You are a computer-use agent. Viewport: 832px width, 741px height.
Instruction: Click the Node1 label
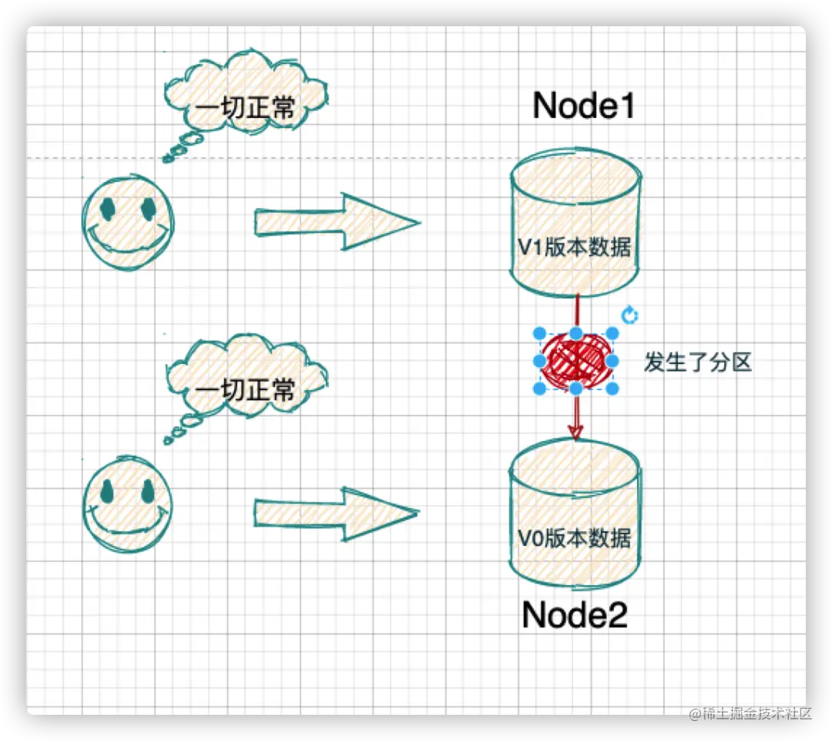(584, 106)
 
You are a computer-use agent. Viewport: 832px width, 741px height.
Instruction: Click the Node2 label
(575, 615)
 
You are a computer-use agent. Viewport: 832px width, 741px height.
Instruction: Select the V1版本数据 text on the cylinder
(575, 248)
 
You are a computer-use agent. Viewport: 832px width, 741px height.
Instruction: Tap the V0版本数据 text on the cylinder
(575, 537)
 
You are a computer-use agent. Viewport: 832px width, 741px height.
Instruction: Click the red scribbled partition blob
(575, 360)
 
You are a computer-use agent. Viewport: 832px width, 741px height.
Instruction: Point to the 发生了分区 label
(697, 362)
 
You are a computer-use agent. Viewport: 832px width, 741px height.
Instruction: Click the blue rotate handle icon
(629, 315)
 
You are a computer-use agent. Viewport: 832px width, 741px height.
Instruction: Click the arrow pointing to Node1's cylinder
(337, 222)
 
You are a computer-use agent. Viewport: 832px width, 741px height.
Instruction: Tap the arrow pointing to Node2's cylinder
(337, 513)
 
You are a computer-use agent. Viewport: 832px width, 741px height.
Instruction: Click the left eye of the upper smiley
(107, 207)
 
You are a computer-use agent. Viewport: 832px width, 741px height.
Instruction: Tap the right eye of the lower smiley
(147, 491)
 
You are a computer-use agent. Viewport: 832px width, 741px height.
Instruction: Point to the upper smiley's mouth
(126, 241)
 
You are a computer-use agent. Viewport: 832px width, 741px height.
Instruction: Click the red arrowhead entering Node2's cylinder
(575, 433)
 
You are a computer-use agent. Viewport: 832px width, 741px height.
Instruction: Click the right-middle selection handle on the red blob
(612, 360)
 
